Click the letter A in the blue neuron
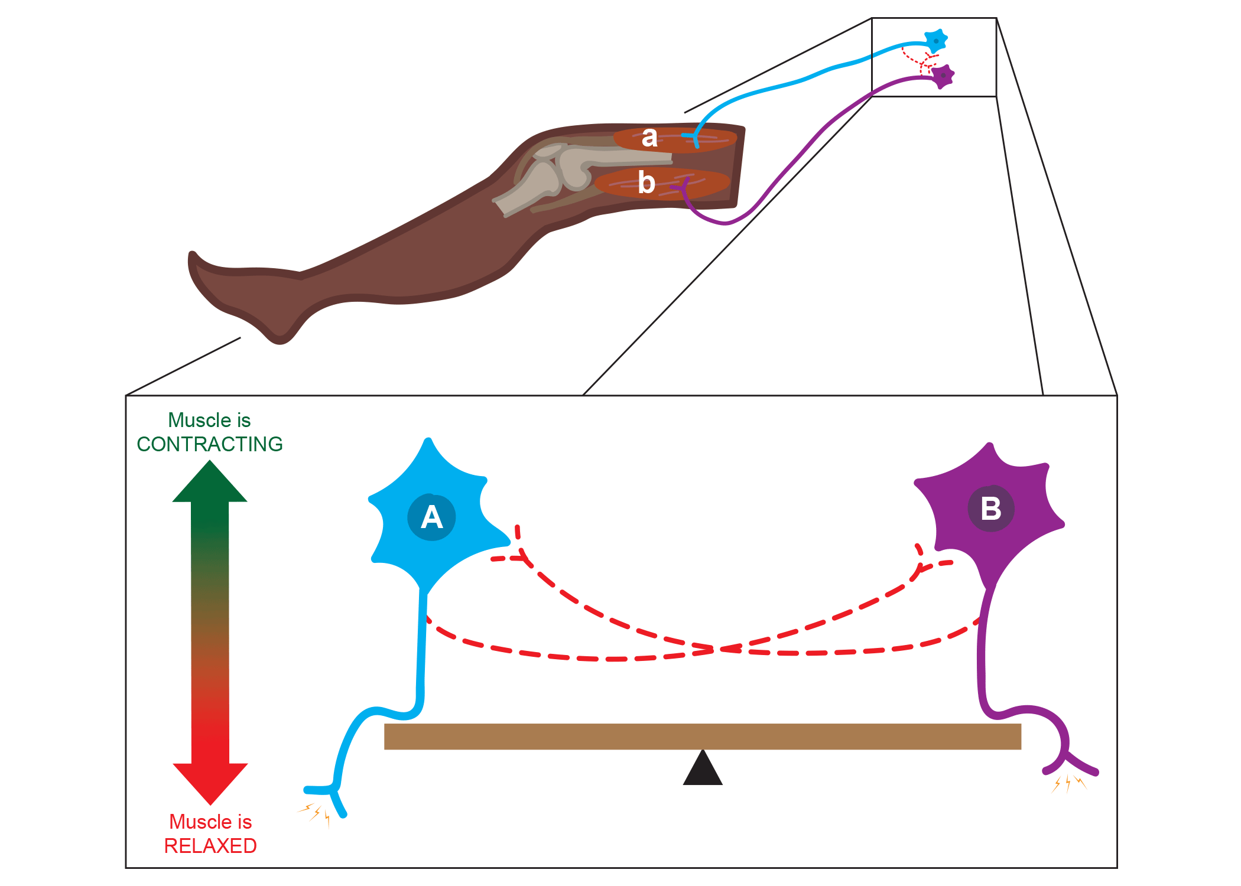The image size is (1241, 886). click(431, 517)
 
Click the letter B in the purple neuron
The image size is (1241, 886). click(991, 509)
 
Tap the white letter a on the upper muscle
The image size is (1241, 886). click(649, 137)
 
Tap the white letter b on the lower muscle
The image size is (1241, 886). click(647, 183)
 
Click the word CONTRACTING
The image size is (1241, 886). click(210, 444)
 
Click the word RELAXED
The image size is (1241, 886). click(210, 846)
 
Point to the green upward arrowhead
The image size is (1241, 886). click(210, 483)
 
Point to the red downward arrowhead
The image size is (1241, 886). click(210, 782)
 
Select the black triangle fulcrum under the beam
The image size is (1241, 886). click(703, 770)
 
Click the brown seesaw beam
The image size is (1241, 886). click(703, 737)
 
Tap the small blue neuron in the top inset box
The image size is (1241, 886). click(935, 40)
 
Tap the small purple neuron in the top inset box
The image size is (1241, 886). click(943, 76)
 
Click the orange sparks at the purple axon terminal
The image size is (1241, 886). click(1068, 784)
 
